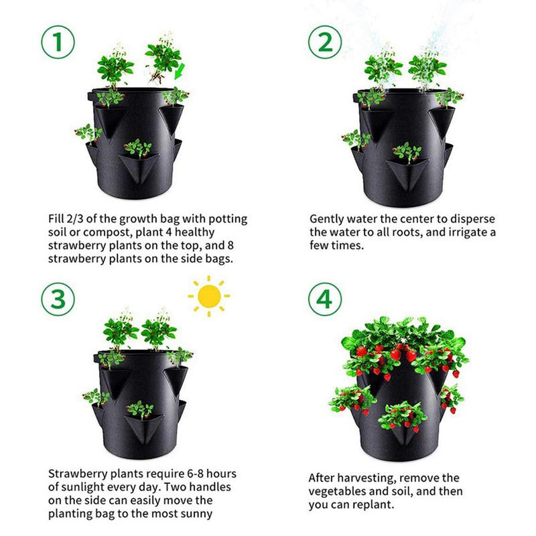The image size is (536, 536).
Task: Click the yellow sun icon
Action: tap(209, 296)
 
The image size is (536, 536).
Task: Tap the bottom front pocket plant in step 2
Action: tap(405, 152)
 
